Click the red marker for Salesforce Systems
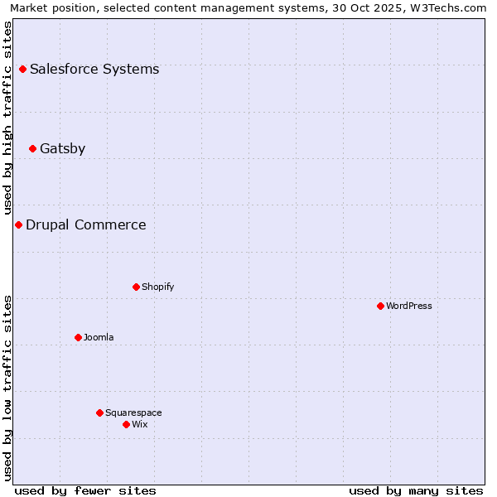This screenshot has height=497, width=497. pyautogui.click(x=22, y=69)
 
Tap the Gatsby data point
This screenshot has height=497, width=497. pyautogui.click(x=32, y=148)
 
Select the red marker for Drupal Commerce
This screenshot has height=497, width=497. pyautogui.click(x=18, y=224)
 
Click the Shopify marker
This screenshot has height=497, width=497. pyautogui.click(x=136, y=287)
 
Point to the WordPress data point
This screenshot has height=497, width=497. pyautogui.click(x=380, y=306)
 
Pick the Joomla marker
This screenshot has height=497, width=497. pyautogui.click(x=78, y=337)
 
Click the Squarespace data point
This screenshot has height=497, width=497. pyautogui.click(x=99, y=413)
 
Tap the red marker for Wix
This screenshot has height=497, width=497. pyautogui.click(x=126, y=424)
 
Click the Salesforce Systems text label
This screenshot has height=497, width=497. pyautogui.click(x=94, y=69)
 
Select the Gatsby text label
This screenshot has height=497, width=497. pyautogui.click(x=62, y=148)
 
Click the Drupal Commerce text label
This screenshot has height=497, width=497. pyautogui.click(x=85, y=224)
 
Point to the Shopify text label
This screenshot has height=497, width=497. pyautogui.click(x=157, y=287)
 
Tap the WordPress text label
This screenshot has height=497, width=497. pyautogui.click(x=409, y=306)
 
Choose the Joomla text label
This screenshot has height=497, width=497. pyautogui.click(x=99, y=337)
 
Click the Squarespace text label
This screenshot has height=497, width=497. pyautogui.click(x=133, y=413)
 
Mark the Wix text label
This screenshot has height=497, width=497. pyautogui.click(x=139, y=424)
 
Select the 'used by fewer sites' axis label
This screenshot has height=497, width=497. pyautogui.click(x=85, y=490)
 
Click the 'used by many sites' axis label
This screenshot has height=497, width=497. pyautogui.click(x=416, y=490)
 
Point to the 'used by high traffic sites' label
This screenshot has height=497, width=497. pyautogui.click(x=8, y=118)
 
